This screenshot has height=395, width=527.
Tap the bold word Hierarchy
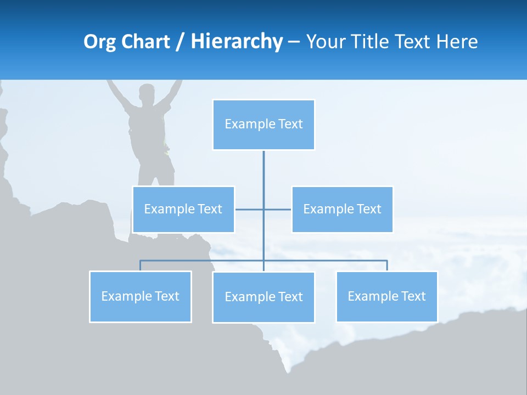(x=236, y=42)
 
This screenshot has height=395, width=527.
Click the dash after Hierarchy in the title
(x=294, y=42)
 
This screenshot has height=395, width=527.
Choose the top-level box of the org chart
(x=263, y=125)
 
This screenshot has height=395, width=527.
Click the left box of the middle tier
(x=183, y=209)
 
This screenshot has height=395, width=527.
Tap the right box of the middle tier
(x=342, y=209)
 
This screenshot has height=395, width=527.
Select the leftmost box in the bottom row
(x=140, y=296)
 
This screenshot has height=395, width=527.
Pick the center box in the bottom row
(x=263, y=297)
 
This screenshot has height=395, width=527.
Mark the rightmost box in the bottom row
(x=386, y=296)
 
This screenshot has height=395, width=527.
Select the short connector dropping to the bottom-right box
(x=387, y=266)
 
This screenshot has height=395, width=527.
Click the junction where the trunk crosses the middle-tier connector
(x=263, y=209)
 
